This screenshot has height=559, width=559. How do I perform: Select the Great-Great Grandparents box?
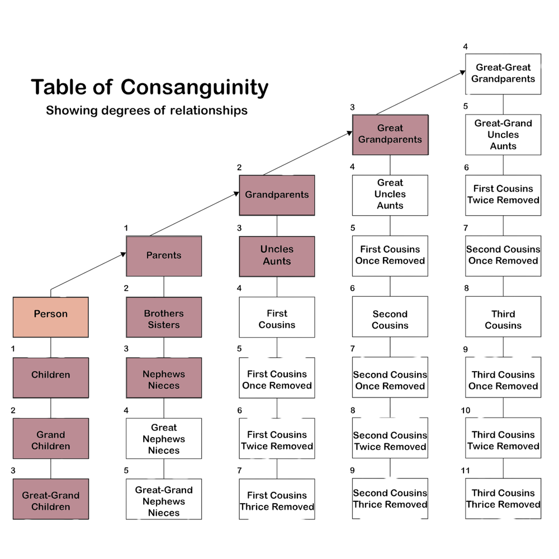(x=503, y=74)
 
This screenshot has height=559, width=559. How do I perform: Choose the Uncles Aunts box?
(x=277, y=256)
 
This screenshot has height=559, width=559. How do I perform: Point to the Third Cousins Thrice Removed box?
(x=503, y=499)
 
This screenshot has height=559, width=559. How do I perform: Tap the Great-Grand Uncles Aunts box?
(x=503, y=135)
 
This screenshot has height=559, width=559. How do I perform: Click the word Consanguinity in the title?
(x=195, y=87)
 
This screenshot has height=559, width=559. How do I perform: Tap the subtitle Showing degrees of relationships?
(x=146, y=110)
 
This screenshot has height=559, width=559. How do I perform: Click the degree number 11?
(x=465, y=471)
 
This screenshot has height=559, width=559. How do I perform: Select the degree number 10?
(x=465, y=410)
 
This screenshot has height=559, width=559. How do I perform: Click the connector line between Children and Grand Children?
(x=50, y=408)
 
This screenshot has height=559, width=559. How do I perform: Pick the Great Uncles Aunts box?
(x=390, y=195)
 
